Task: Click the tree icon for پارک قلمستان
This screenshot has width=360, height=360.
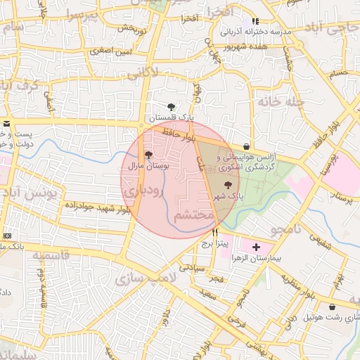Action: point(172,106)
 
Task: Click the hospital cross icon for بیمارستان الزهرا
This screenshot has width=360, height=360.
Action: point(256,247)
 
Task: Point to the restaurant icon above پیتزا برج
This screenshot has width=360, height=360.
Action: point(214,231)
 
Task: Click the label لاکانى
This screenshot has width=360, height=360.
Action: point(145,71)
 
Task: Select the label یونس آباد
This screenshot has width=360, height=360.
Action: point(25,193)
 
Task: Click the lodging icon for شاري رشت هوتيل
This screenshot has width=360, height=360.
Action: point(332,307)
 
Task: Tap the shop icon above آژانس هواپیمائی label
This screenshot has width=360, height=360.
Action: point(246,146)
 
